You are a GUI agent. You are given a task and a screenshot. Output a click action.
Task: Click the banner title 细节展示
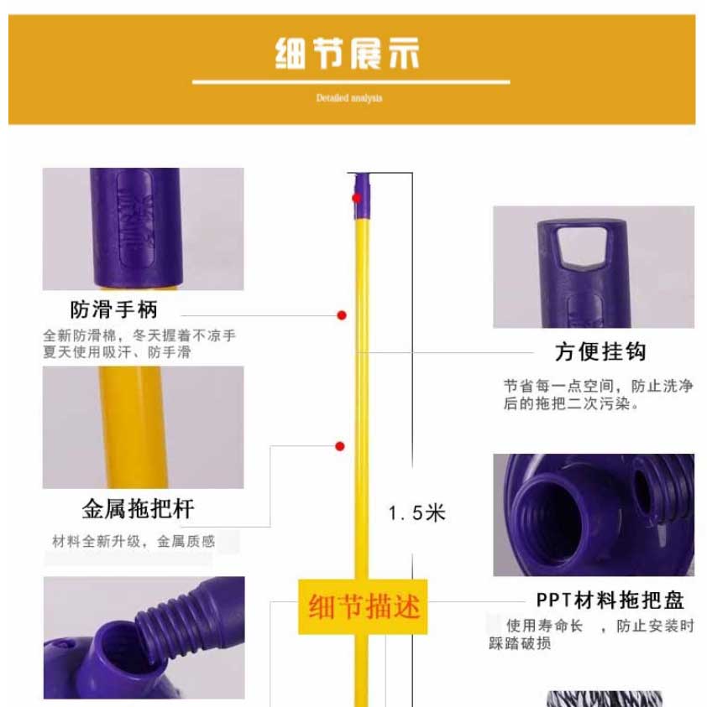pyautogui.click(x=347, y=54)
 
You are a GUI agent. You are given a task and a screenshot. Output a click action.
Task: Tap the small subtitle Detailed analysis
pyautogui.click(x=349, y=98)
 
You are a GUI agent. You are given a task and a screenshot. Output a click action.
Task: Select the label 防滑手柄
pyautogui.click(x=113, y=309)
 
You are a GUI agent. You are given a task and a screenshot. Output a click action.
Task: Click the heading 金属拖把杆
pyautogui.click(x=139, y=508)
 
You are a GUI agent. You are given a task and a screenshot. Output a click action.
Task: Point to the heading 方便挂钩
pyautogui.click(x=600, y=351)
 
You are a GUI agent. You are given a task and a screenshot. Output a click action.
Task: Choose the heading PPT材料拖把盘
pyautogui.click(x=610, y=600)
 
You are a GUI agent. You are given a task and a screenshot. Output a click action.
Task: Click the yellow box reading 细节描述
pyautogui.click(x=363, y=606)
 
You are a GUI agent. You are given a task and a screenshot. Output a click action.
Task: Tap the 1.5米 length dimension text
pyautogui.click(x=416, y=513)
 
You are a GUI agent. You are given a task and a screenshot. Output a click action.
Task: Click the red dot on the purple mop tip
pyautogui.click(x=357, y=198)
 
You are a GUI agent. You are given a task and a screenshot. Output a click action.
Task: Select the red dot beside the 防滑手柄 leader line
pyautogui.click(x=342, y=315)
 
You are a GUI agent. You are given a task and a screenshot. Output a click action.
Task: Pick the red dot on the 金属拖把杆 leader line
pyautogui.click(x=340, y=446)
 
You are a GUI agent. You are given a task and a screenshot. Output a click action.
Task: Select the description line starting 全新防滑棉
pyautogui.click(x=139, y=335)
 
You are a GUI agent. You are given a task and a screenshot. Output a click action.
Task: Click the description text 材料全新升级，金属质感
pyautogui.click(x=134, y=541)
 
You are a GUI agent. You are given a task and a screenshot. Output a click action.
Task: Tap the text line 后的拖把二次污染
pyautogui.click(x=571, y=403)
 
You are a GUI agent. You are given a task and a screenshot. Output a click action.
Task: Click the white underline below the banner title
pyautogui.click(x=351, y=82)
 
